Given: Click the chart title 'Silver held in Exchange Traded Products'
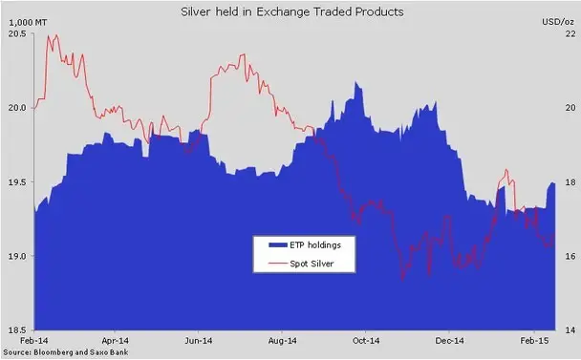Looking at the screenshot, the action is (x=292, y=11).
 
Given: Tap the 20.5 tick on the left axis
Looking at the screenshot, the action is (x=17, y=33).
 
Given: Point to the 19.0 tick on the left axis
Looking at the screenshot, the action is (x=17, y=256).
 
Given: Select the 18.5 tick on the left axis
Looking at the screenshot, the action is (x=17, y=330).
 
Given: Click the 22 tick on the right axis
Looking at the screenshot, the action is (x=570, y=33).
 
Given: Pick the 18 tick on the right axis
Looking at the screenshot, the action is (x=570, y=181).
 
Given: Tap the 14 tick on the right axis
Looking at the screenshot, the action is (x=570, y=330).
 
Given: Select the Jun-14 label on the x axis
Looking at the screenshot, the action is (x=198, y=340).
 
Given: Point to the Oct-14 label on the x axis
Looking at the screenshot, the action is (x=366, y=340).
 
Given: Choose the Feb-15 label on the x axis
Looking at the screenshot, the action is (x=534, y=340).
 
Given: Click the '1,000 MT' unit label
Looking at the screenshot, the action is (x=28, y=23).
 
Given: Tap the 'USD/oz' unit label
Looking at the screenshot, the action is (x=558, y=22).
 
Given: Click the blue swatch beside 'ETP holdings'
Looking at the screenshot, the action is (x=278, y=244).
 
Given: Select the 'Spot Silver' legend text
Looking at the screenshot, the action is (x=312, y=264).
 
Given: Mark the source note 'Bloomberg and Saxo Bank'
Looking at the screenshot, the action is (x=81, y=352).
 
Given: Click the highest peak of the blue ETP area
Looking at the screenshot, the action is (x=355, y=82).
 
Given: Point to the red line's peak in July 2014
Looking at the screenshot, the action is (x=244, y=54).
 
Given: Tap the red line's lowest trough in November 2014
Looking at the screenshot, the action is (x=402, y=281).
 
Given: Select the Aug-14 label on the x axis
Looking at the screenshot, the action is (x=282, y=340).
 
